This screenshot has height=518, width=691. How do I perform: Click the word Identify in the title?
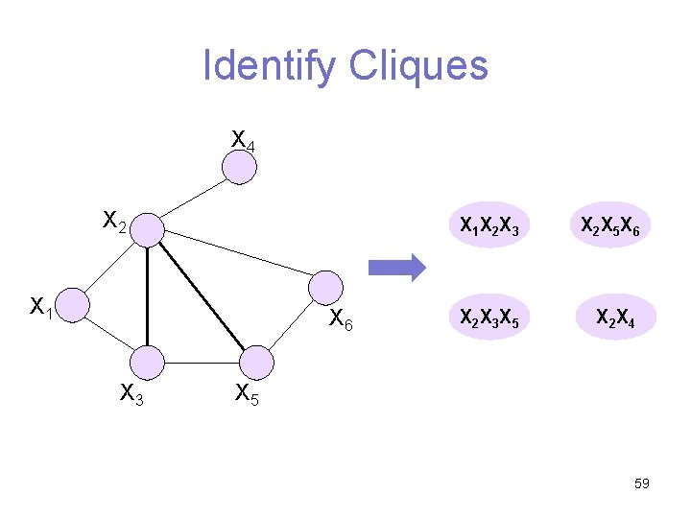click(270, 66)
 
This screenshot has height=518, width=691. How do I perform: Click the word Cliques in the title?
click(418, 66)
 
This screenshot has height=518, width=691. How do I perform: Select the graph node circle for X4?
click(239, 168)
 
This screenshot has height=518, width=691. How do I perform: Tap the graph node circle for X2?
click(148, 230)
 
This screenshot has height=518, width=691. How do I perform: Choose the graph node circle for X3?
click(148, 364)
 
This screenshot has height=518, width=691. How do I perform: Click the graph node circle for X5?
click(255, 364)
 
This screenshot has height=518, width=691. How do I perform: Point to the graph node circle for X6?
click(325, 288)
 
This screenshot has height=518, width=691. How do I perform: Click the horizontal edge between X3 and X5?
click(202, 364)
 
